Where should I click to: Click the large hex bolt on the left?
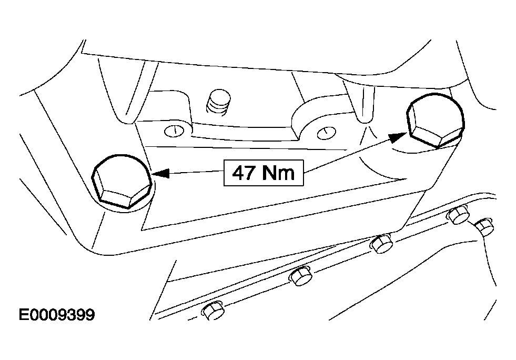pyautogui.click(x=122, y=182)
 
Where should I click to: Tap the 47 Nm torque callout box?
pyautogui.click(x=264, y=173)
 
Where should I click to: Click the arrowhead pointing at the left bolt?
pyautogui.click(x=161, y=173)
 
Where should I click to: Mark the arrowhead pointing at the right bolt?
pyautogui.click(x=398, y=136)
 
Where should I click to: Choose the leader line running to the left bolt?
pyautogui.click(x=197, y=172)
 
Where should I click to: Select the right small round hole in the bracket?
pyautogui.click(x=326, y=133)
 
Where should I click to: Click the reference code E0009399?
pyautogui.click(x=57, y=315)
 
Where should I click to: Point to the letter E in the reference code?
pyautogui.click(x=24, y=315)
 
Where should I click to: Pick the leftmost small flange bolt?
pyautogui.click(x=213, y=311)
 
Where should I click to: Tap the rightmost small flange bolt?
pyautogui.click(x=484, y=227)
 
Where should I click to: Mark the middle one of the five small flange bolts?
pyautogui.click(x=382, y=243)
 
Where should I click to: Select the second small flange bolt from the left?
pyautogui.click(x=300, y=275)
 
